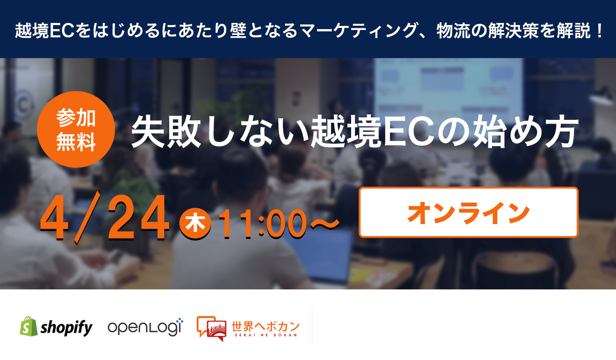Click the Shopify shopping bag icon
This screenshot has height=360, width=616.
tap(29, 326)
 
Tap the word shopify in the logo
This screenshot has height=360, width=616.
tap(67, 328)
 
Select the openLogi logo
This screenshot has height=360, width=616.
tap(145, 327)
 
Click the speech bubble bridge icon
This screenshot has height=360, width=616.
tap(211, 329)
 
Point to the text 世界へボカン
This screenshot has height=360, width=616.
tap(265, 326)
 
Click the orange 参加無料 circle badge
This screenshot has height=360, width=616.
tap(76, 129)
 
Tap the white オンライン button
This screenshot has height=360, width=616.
tap(468, 212)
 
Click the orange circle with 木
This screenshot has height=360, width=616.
tap(195, 224)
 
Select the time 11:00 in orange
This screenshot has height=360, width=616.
tap(263, 223)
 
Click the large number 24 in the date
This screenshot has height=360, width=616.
tap(138, 218)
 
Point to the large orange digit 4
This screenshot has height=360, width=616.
tap(55, 218)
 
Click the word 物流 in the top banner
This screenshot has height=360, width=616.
tap(453, 30)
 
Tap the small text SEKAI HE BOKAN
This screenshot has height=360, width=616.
tap(266, 335)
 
